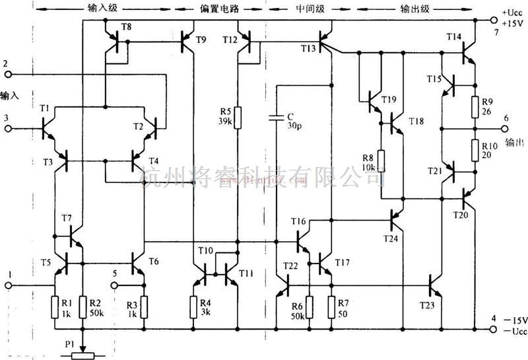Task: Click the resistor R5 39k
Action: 238,117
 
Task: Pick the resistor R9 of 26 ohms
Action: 475,106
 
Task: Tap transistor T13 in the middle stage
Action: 323,42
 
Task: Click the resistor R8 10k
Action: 381,161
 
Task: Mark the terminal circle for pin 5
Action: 114,285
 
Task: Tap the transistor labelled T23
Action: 434,285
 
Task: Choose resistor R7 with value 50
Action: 331,306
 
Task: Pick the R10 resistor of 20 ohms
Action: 475,149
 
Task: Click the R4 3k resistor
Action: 193,306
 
